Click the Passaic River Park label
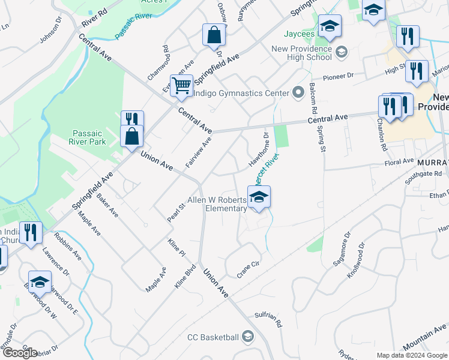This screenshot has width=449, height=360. pos(89,137)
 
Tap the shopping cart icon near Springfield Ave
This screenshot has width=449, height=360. pos(181,85)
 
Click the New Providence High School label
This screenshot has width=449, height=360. pos(301,53)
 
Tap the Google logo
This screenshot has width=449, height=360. pos(20,353)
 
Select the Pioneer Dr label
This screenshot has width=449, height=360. pos(339,77)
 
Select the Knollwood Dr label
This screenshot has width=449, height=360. pos(356,259)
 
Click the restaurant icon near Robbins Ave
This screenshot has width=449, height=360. pos(31,232)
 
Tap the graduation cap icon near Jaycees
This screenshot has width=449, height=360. pos(330,26)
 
